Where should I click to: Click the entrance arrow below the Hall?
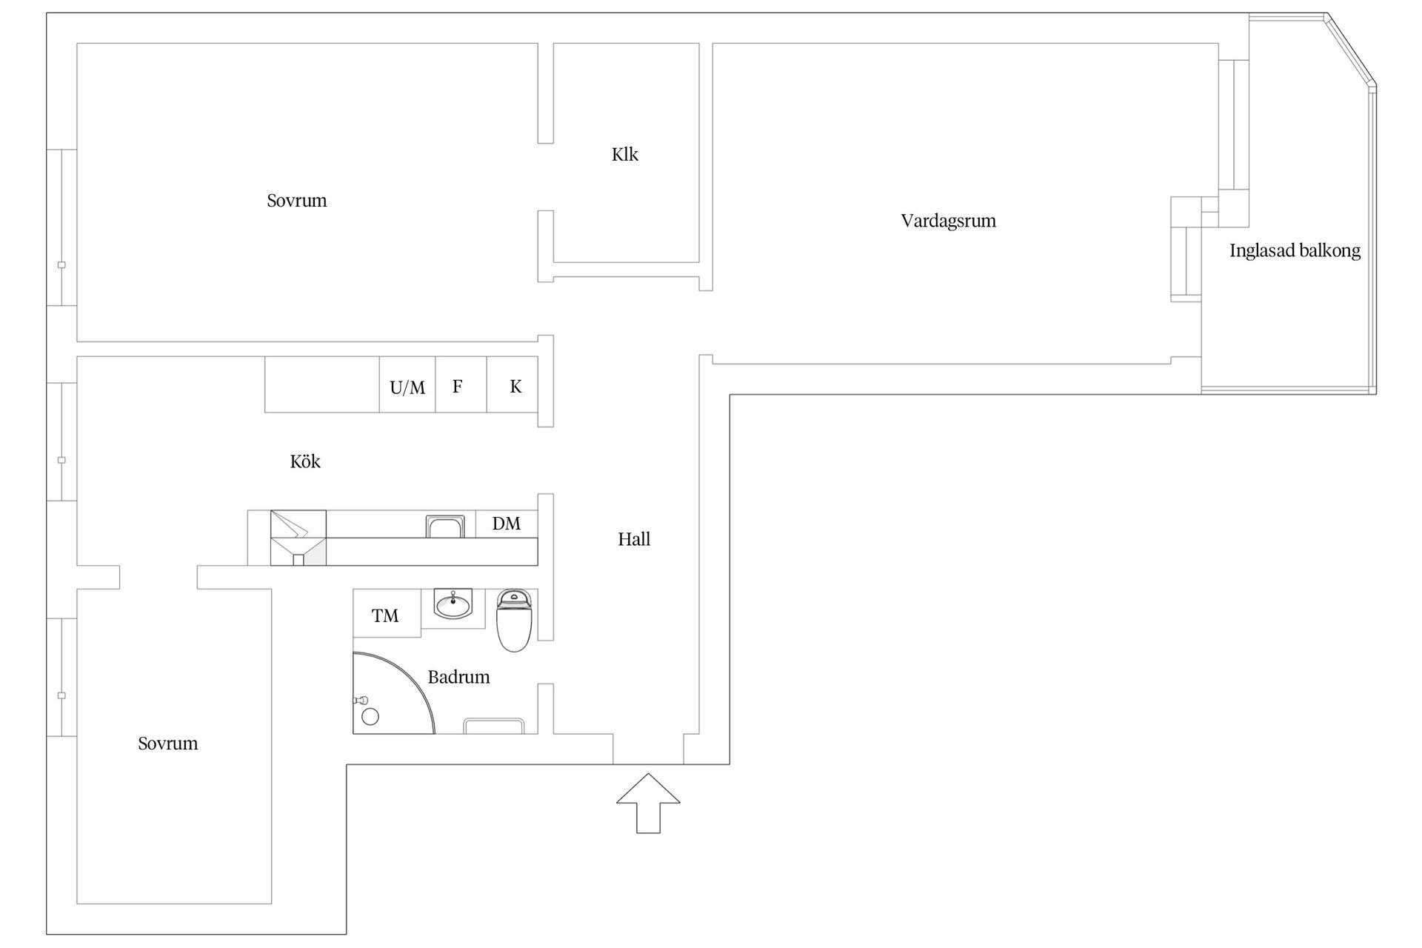(x=648, y=803)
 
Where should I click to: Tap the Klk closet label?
(x=625, y=154)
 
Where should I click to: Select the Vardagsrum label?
(x=948, y=221)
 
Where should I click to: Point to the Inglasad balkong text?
(x=1295, y=250)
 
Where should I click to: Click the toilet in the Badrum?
(x=514, y=620)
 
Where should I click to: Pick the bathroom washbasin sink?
(x=453, y=604)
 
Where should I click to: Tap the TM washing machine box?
(x=387, y=613)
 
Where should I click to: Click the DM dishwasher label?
(x=507, y=524)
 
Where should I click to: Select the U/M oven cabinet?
(x=407, y=384)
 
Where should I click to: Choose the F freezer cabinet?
(x=461, y=384)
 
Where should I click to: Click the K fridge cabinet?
(x=512, y=384)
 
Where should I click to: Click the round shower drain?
(x=370, y=716)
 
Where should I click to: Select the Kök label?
(x=305, y=461)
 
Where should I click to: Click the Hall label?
(x=634, y=539)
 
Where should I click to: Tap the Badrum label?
(x=459, y=677)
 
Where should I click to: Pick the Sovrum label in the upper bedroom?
(x=297, y=201)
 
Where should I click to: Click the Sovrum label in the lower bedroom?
(x=168, y=744)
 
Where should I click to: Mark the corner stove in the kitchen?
(x=298, y=538)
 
